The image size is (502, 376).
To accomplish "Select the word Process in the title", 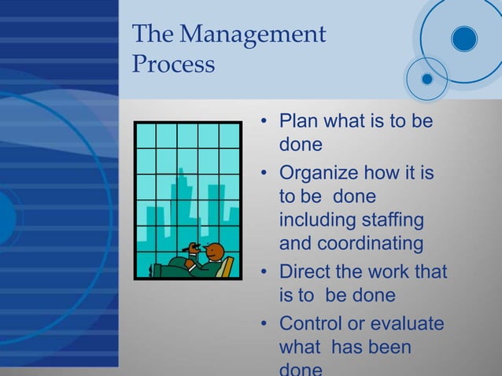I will pyautogui.click(x=173, y=65).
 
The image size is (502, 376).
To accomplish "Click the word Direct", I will pyautogui.click(x=308, y=271).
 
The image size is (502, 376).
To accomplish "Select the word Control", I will pyautogui.click(x=312, y=323).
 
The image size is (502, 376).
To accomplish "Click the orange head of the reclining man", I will pyautogui.click(x=214, y=252).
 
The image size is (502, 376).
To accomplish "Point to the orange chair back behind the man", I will pyautogui.click(x=227, y=268).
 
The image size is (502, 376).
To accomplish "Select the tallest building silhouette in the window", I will pyautogui.click(x=182, y=205).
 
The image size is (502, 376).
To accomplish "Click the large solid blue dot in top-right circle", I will pyautogui.click(x=464, y=37).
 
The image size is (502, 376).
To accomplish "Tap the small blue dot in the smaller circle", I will pyautogui.click(x=426, y=79).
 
